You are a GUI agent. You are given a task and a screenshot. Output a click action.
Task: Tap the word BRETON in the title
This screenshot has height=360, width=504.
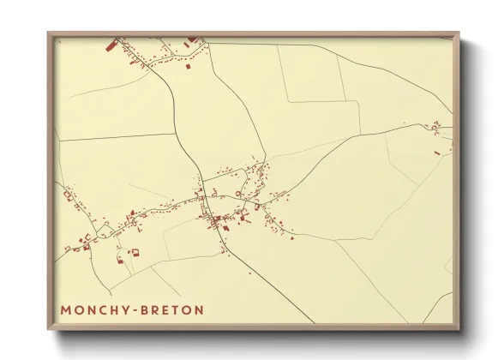click(x=175, y=309)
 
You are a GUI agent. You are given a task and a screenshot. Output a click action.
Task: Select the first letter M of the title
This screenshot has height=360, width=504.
click(x=66, y=309)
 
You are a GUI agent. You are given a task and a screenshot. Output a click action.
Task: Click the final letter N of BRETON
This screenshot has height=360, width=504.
click(x=200, y=309)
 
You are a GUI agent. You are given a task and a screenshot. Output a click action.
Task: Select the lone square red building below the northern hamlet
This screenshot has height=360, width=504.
click(x=191, y=68)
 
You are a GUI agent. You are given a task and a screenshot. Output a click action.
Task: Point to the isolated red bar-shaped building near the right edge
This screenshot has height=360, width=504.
click(x=437, y=153)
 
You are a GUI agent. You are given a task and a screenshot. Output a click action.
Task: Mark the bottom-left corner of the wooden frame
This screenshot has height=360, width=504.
click(x=49, y=330)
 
